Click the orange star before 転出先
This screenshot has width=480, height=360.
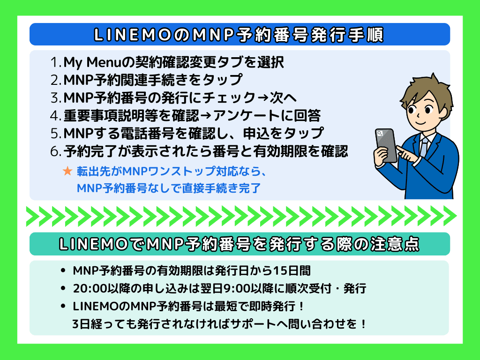(x=67, y=171)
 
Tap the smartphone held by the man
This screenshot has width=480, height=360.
(x=386, y=145)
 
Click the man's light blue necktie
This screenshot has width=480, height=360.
(x=424, y=146)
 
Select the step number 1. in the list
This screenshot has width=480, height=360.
(x=56, y=62)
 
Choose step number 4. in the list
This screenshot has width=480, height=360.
(x=56, y=116)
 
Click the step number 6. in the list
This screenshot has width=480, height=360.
(x=56, y=151)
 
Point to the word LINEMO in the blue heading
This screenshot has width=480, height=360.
(x=132, y=35)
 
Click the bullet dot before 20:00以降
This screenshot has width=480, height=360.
(x=63, y=288)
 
